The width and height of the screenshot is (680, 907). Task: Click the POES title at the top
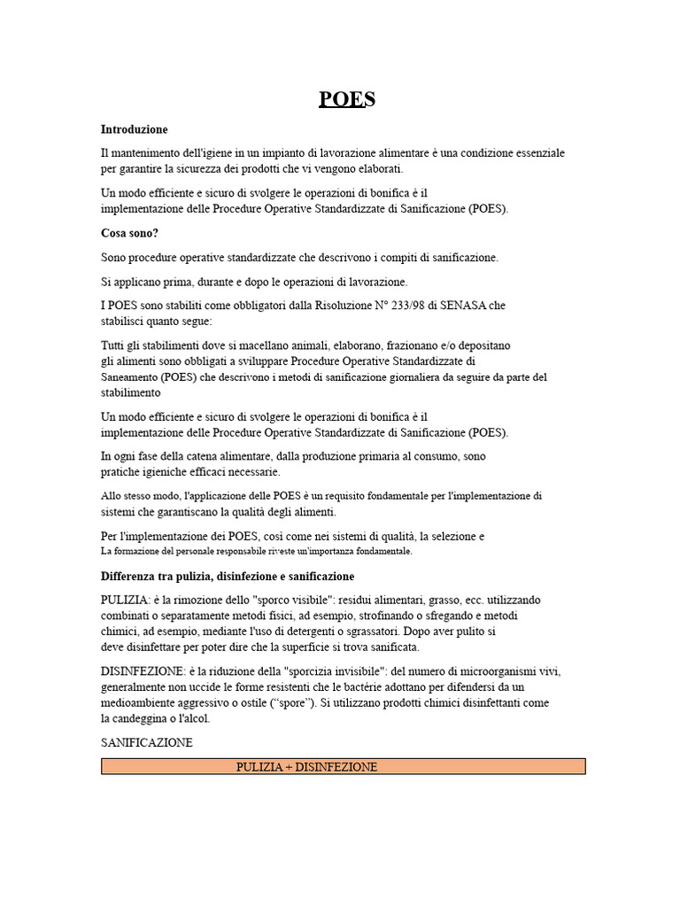[x=347, y=99]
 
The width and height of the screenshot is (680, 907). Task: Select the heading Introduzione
[x=134, y=129]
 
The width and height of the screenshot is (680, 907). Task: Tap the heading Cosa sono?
[x=129, y=234]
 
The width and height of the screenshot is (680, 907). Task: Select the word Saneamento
[x=129, y=376]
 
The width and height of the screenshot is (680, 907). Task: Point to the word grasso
[x=435, y=600]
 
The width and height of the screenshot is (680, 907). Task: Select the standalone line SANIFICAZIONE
[x=146, y=743]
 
